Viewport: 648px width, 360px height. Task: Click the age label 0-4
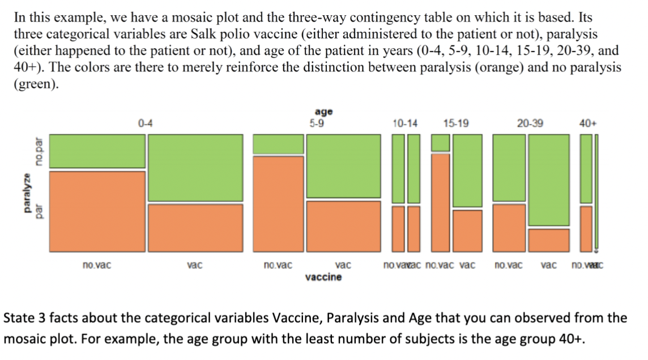pos(144,123)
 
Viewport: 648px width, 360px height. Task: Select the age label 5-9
pos(317,123)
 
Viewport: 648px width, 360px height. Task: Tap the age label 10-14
pos(405,123)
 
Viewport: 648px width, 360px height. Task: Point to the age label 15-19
pos(456,123)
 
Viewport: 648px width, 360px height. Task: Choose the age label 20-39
pos(530,123)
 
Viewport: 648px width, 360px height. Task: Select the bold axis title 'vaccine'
pos(323,277)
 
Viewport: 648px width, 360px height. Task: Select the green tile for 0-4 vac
pos(195,168)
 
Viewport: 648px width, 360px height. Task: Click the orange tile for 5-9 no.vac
pos(278,204)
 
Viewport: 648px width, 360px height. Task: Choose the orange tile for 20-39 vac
pos(549,240)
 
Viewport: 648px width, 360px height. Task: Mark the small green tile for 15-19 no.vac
pos(441,143)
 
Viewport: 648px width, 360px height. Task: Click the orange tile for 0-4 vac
pos(195,228)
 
